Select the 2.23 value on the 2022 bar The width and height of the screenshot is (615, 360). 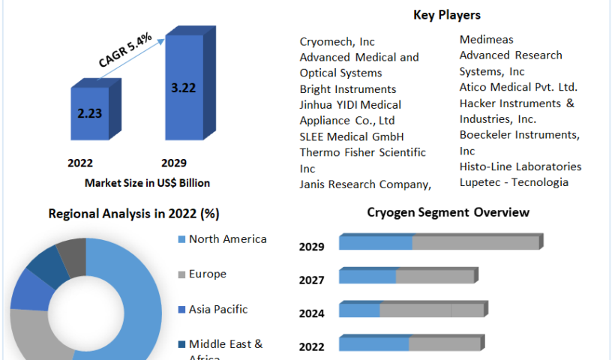tap(90, 113)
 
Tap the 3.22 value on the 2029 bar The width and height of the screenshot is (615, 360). tap(183, 88)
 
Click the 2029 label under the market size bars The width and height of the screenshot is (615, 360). tap(173, 163)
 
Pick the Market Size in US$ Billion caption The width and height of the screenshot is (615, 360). tap(136, 183)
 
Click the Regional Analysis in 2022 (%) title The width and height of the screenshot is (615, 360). tap(133, 214)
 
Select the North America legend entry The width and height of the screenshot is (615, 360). tap(227, 239)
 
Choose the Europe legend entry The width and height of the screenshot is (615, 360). tap(207, 274)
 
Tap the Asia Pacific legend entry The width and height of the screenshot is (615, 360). tap(217, 309)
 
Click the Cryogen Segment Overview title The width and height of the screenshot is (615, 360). tap(448, 212)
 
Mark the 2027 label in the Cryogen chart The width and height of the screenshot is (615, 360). tap(311, 280)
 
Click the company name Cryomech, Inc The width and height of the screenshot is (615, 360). tap(337, 42)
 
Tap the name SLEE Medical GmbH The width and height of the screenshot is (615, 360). tap(352, 136)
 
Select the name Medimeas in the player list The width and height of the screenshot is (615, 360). tap(487, 39)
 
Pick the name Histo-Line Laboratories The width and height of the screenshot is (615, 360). tap(520, 166)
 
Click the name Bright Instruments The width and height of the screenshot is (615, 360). tap(347, 89)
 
